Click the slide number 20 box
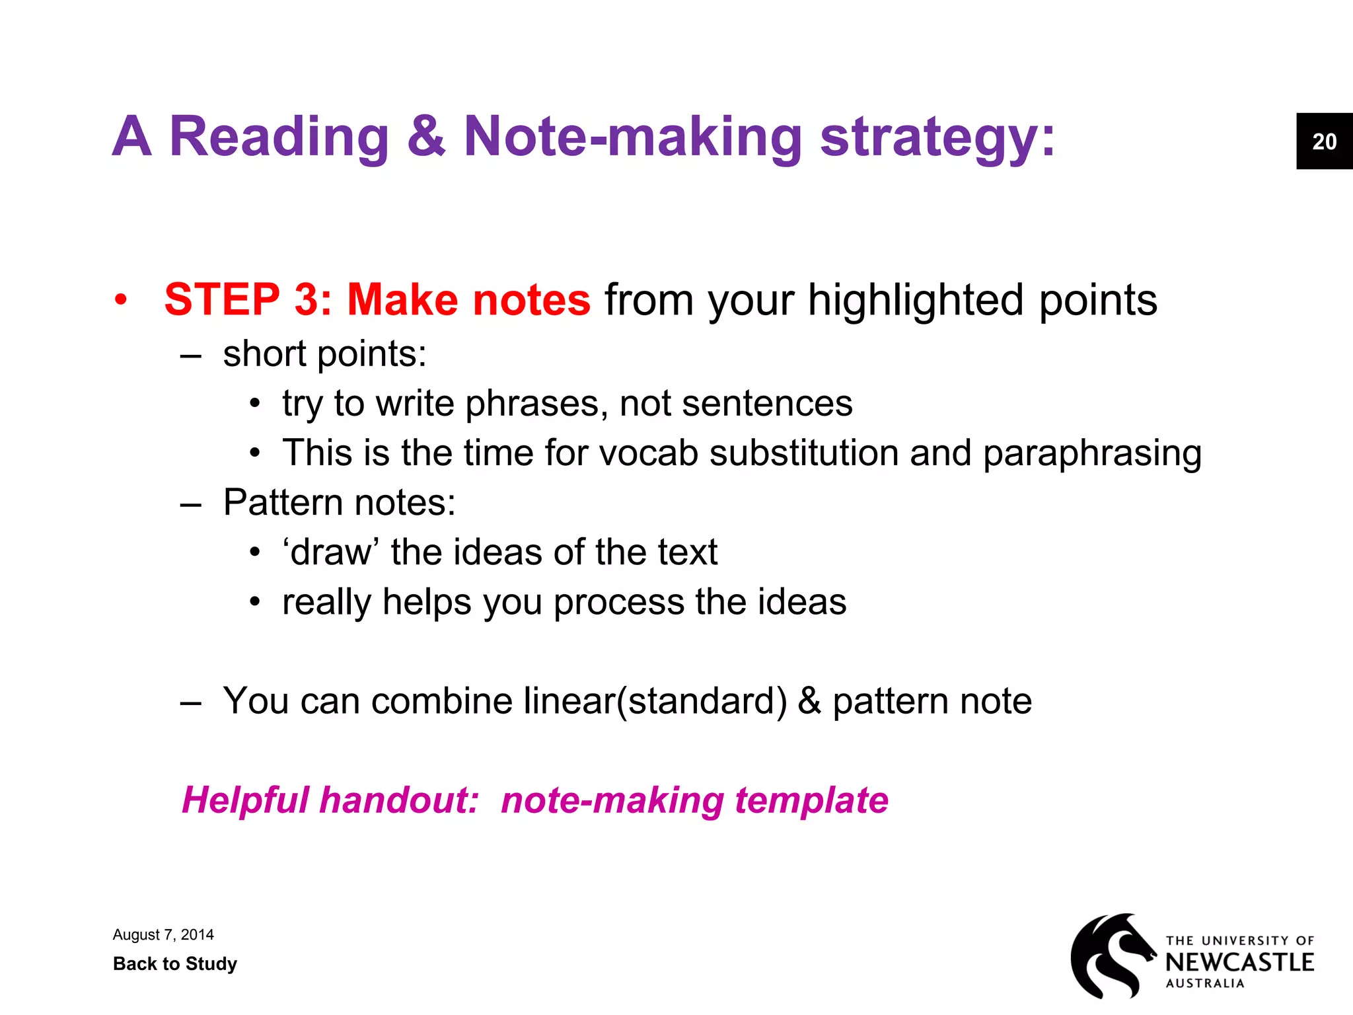(1324, 141)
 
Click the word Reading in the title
(279, 137)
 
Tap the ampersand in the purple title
(426, 137)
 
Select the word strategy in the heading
(929, 137)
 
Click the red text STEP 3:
(248, 299)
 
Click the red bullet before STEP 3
(120, 299)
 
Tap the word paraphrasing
(1091, 454)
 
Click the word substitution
(803, 453)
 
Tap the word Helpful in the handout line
(245, 800)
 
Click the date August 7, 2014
(163, 934)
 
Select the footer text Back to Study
(175, 963)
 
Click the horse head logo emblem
(1112, 956)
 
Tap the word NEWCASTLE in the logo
(1239, 962)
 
